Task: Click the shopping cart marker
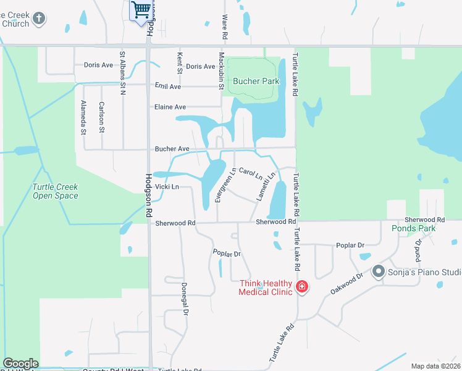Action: [141, 11]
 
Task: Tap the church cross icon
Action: [39, 19]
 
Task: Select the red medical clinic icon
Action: [302, 287]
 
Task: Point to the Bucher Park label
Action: [256, 81]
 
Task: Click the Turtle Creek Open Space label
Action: [56, 191]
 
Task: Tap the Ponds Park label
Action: [413, 228]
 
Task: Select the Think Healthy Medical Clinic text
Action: [266, 288]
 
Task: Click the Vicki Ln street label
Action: [167, 187]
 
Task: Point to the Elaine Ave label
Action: [170, 107]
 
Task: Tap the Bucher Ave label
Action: [172, 149]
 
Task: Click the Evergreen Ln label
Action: [225, 185]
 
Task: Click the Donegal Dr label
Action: [184, 299]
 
